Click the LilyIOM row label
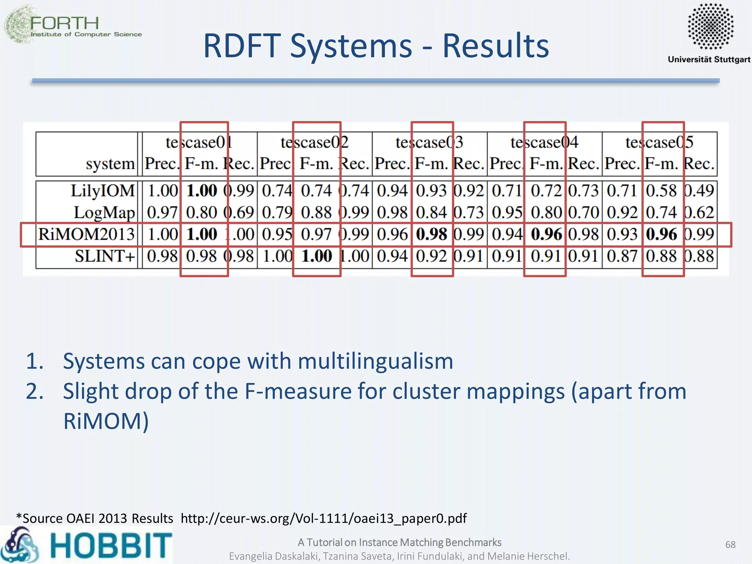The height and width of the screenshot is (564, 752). tap(103, 191)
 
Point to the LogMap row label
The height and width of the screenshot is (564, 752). tap(104, 213)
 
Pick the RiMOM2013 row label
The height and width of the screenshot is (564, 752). tap(87, 234)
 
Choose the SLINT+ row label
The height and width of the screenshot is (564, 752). tap(105, 256)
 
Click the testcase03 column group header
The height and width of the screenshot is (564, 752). tap(429, 142)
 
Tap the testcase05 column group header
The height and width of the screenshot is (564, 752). tap(659, 142)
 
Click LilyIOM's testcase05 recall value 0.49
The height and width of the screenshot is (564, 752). tap(699, 191)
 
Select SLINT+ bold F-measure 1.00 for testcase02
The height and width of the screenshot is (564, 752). tap(317, 256)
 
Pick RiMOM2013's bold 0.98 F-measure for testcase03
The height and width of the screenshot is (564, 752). tap(431, 234)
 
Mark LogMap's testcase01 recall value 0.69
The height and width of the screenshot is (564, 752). tap(239, 213)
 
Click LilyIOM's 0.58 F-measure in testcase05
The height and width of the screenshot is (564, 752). tap(661, 191)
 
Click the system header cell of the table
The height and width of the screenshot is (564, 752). tap(110, 164)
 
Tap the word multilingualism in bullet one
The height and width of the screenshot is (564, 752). tap(375, 361)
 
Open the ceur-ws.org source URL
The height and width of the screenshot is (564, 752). tap(323, 518)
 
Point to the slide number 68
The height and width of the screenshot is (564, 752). tap(730, 545)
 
